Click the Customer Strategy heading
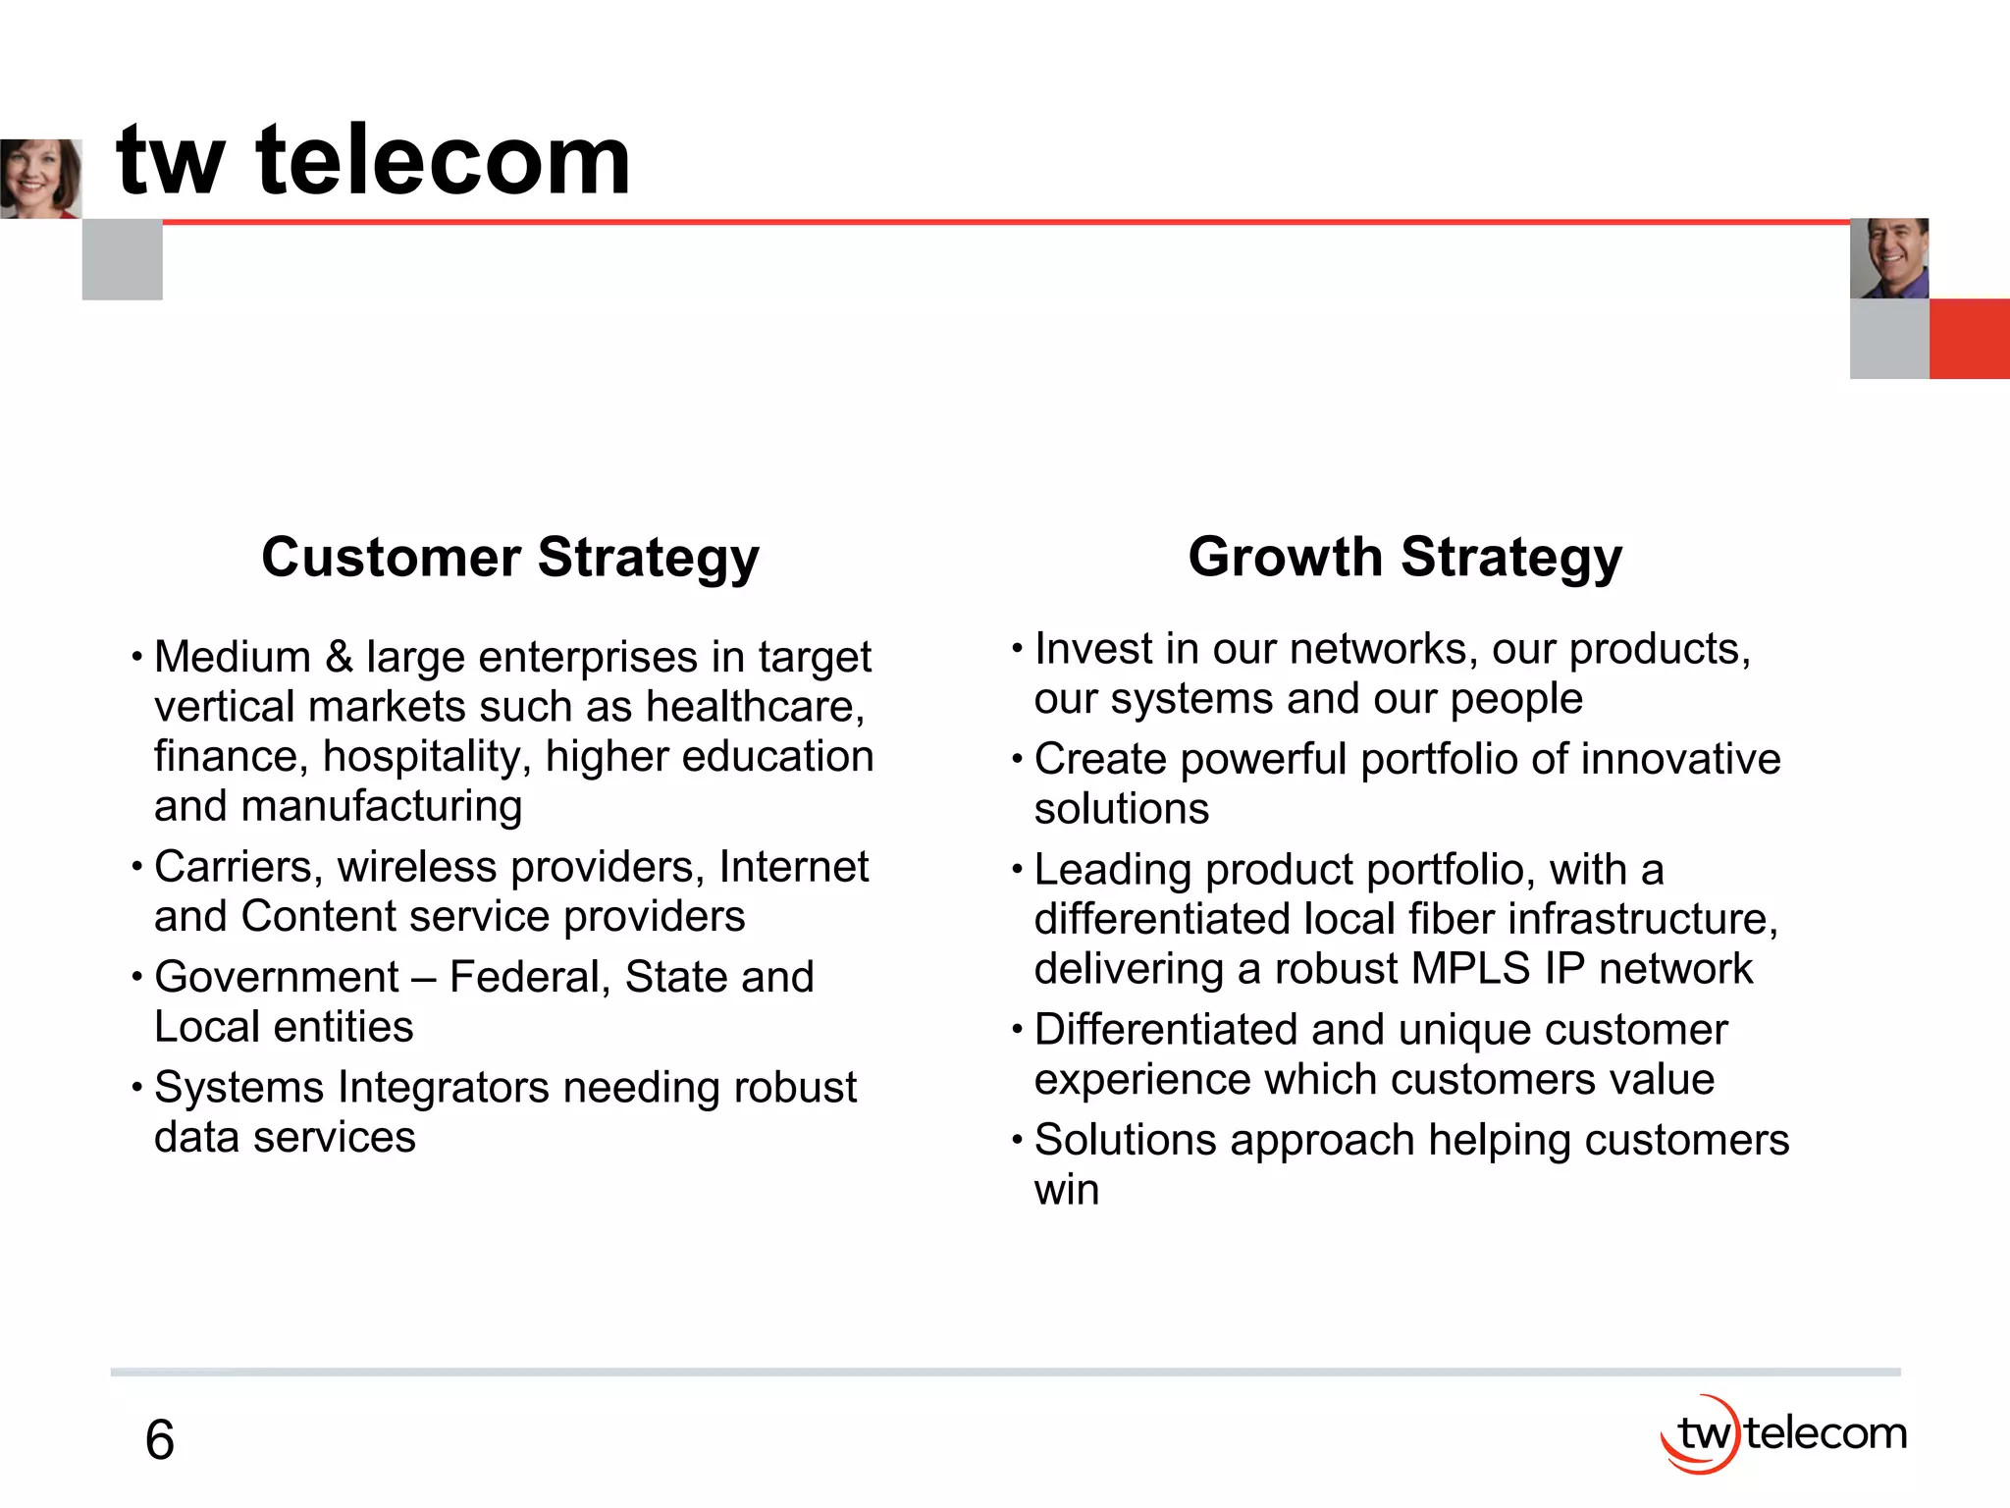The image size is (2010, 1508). click(x=509, y=558)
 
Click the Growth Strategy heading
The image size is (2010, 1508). click(x=1404, y=558)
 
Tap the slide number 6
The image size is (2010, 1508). click(x=159, y=1440)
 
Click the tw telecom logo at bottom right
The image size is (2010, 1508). click(x=1783, y=1433)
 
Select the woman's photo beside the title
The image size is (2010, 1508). click(x=40, y=178)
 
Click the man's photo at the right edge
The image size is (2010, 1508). click(x=1888, y=258)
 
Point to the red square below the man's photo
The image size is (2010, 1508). click(x=1969, y=339)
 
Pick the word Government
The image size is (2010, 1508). click(x=277, y=977)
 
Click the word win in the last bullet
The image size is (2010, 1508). click(x=1066, y=1190)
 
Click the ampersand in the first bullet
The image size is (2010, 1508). click(x=339, y=657)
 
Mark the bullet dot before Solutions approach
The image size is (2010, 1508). click(x=1018, y=1141)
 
